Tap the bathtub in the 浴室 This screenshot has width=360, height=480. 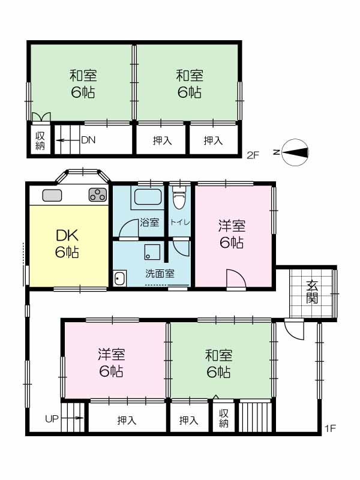[x=148, y=197]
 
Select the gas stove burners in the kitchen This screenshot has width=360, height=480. [x=98, y=194]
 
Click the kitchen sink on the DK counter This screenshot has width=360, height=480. [x=52, y=196]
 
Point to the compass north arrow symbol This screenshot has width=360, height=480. [x=295, y=152]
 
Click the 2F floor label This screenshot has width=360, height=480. [x=253, y=155]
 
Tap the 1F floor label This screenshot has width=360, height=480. [x=331, y=428]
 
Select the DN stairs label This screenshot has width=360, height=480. [x=88, y=140]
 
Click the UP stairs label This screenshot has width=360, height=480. [x=52, y=418]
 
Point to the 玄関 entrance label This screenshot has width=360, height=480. [x=312, y=292]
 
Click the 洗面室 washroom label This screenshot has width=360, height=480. [x=160, y=274]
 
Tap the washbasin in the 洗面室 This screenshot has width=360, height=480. [x=119, y=278]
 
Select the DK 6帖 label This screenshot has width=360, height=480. [x=67, y=244]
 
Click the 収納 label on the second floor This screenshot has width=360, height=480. [x=40, y=141]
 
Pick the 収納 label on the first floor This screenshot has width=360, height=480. [x=224, y=418]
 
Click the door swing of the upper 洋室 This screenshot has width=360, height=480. [x=236, y=278]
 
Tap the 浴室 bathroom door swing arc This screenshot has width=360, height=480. [x=128, y=228]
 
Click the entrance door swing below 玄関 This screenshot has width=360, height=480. [x=295, y=329]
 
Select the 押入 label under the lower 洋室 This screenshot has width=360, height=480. [x=127, y=420]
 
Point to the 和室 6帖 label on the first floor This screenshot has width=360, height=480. [x=219, y=364]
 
